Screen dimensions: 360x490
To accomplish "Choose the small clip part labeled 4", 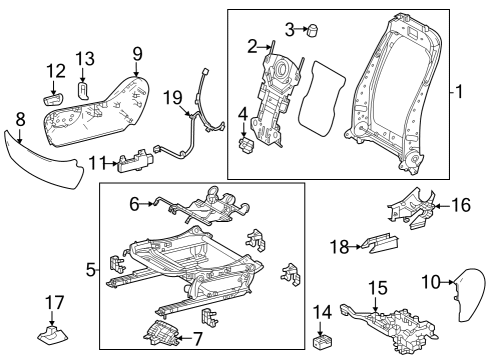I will pyautogui.click(x=246, y=146).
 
